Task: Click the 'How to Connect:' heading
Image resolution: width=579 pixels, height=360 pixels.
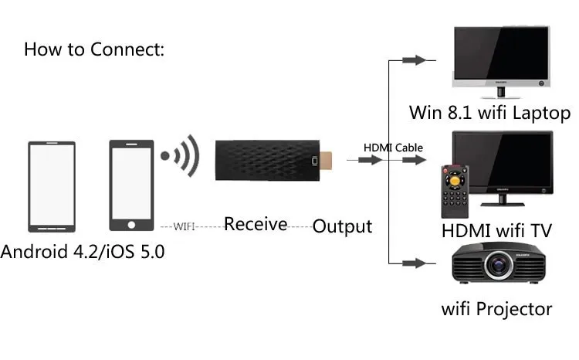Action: pos(95,49)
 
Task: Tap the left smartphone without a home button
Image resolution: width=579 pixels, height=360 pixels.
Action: pos(52,186)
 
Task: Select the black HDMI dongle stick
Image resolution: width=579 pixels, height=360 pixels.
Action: pos(266,161)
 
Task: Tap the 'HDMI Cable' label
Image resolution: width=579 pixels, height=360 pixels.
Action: pos(393,148)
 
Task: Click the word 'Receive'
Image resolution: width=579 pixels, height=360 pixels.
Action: pos(256,224)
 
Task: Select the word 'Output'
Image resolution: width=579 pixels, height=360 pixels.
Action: pos(342,226)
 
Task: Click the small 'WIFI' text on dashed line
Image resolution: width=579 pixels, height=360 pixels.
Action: pos(184,226)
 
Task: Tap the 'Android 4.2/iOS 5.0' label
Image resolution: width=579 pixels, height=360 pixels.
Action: pos(83,252)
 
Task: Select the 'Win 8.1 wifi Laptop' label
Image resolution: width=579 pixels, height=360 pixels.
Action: pos(489,113)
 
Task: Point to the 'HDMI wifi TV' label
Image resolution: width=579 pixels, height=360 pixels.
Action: pos(496,231)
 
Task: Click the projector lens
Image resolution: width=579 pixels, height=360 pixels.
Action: pos(498,269)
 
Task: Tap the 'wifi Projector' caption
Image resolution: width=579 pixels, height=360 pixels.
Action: pos(496,309)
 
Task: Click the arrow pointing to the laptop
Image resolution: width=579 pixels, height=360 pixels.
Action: pos(415,60)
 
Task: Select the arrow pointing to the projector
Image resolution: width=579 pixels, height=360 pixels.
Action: pos(415,263)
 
